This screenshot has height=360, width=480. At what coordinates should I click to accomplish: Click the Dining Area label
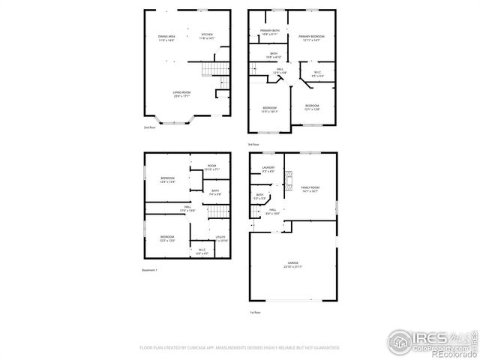166,38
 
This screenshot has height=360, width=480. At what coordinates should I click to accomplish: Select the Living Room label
181,94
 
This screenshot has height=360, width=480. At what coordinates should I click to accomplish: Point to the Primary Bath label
269,32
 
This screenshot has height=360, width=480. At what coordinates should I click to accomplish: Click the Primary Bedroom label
311,37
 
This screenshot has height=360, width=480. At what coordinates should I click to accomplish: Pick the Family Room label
310,189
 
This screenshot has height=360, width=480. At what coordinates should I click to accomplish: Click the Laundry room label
268,169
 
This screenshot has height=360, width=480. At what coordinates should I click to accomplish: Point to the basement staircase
217,211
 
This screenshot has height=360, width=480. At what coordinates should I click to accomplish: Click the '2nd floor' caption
150,127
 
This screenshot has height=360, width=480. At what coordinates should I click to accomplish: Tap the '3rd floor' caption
253,144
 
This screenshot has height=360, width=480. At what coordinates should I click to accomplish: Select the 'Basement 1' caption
150,270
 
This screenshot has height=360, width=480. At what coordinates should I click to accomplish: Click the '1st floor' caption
255,312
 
